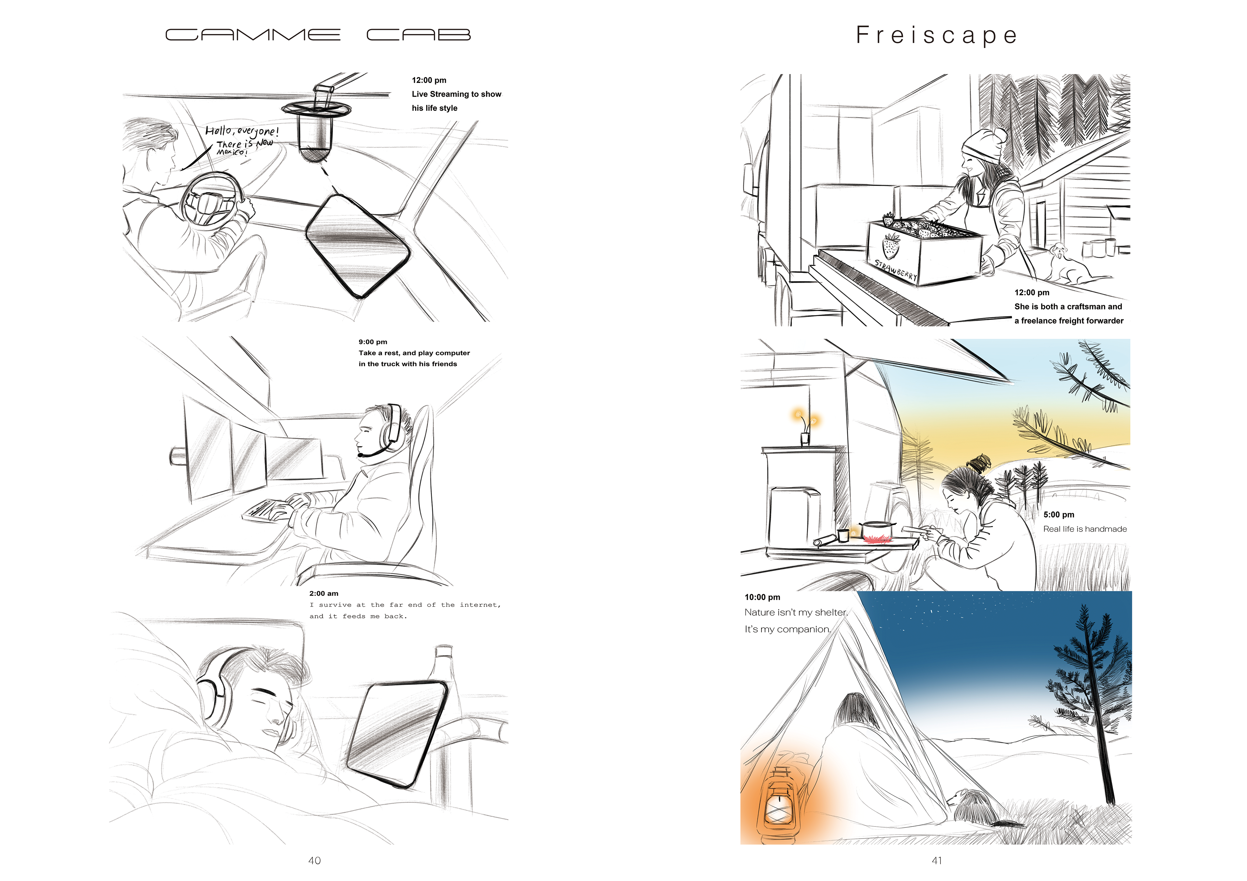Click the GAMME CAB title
click(x=318, y=35)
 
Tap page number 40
click(x=314, y=860)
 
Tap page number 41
click(x=937, y=860)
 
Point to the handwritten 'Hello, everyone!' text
click(x=242, y=131)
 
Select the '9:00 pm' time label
click(x=372, y=342)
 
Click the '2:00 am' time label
click(x=324, y=593)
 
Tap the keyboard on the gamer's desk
click(x=266, y=510)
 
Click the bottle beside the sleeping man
click(x=445, y=700)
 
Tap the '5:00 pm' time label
click(x=1059, y=515)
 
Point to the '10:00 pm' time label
click(x=762, y=597)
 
